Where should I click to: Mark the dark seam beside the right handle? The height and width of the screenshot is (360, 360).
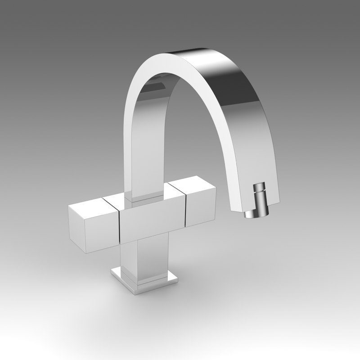184,205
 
